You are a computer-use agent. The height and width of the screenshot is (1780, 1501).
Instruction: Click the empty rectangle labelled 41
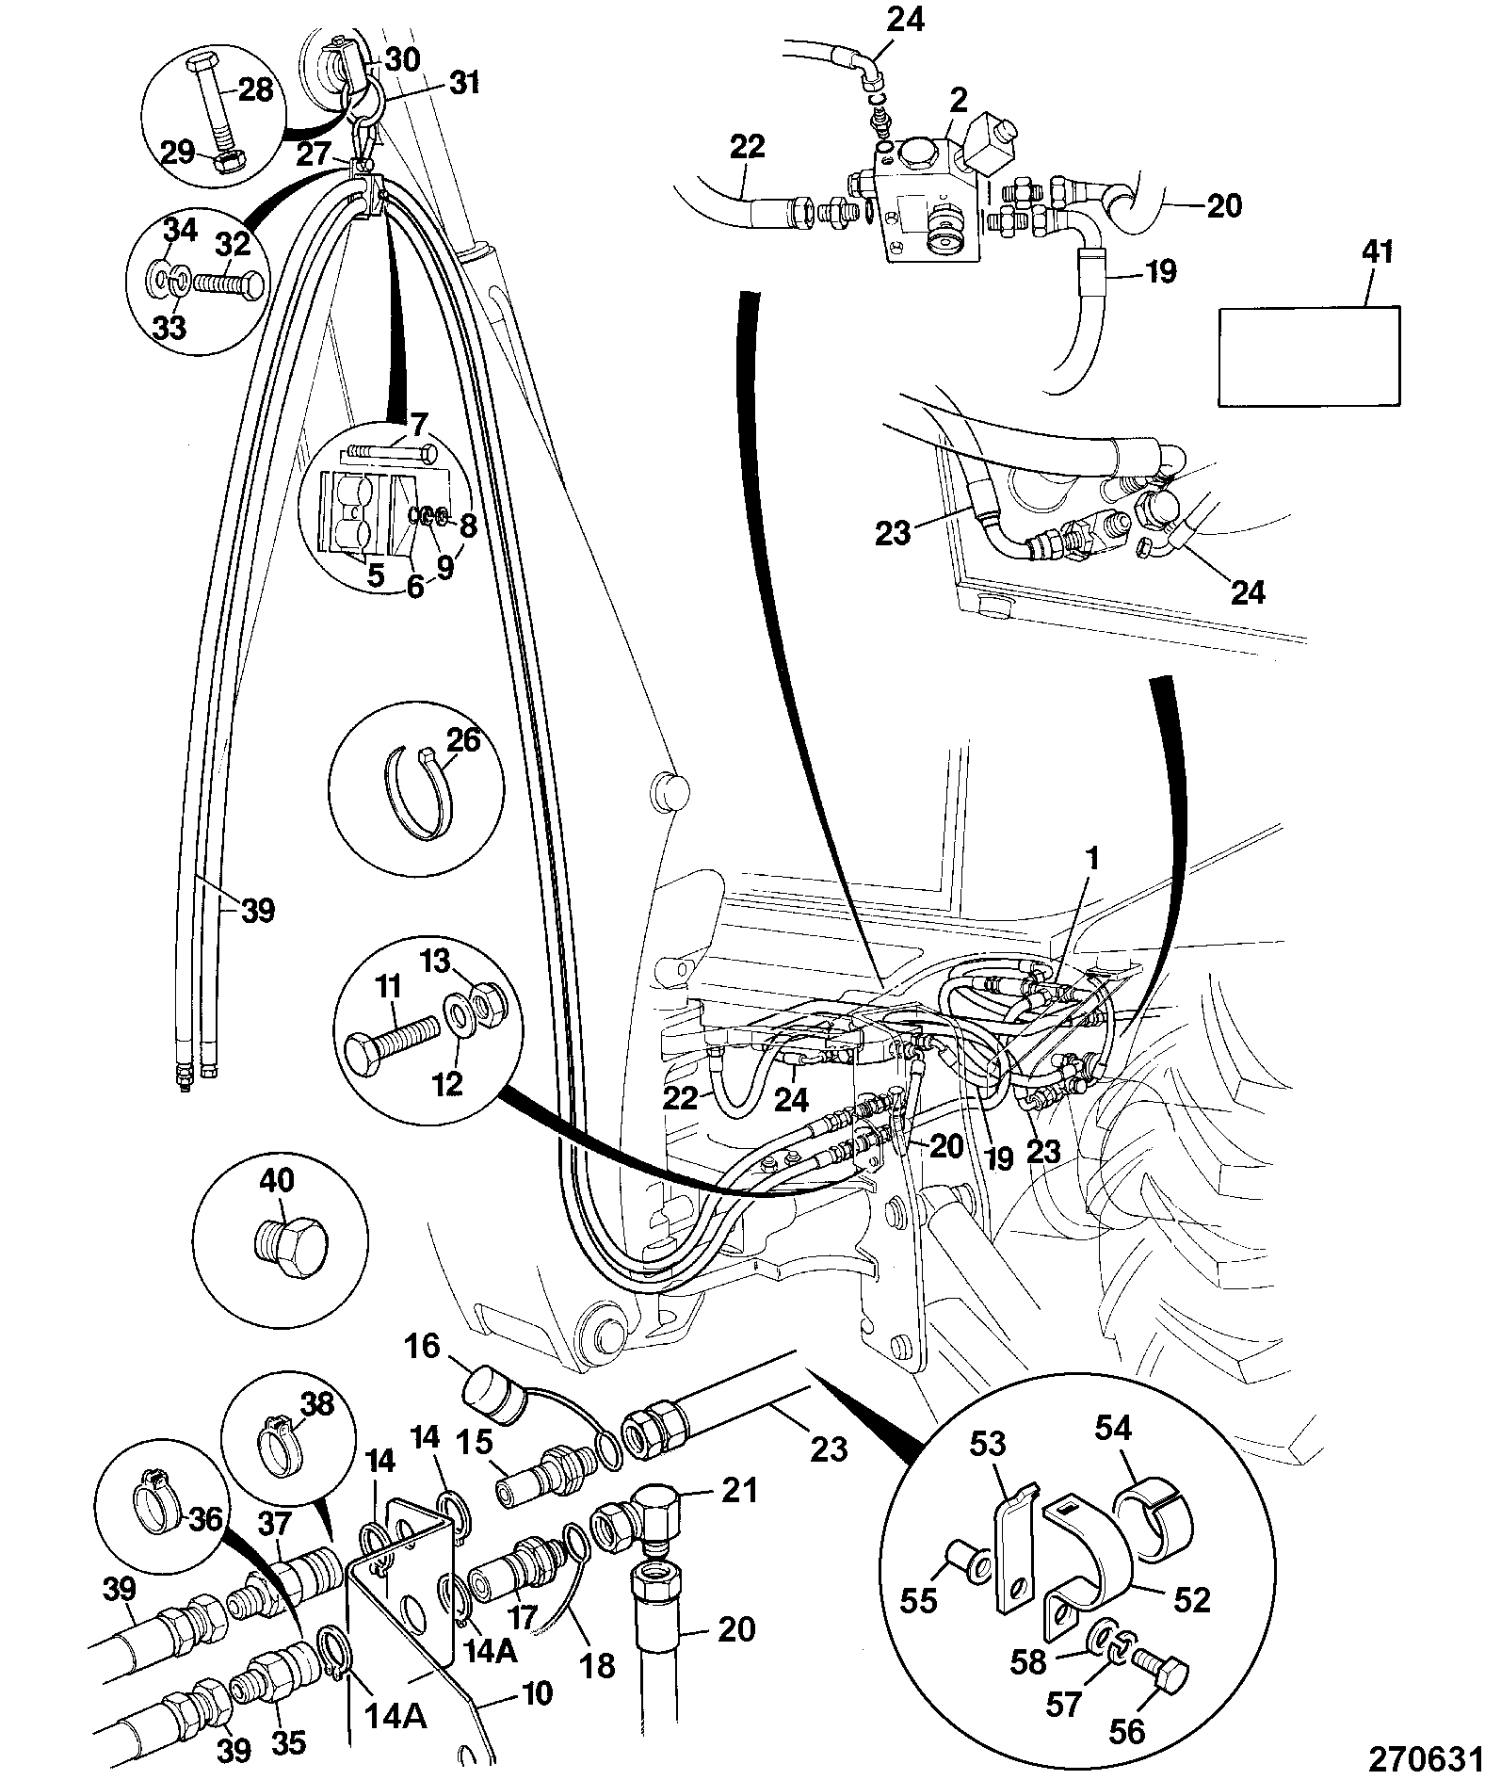point(1309,356)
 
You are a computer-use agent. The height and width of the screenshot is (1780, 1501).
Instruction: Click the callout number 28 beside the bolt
point(254,89)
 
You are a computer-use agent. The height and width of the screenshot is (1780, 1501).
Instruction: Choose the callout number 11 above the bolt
point(387,988)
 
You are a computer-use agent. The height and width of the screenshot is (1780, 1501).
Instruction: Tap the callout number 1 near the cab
point(1091,859)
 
